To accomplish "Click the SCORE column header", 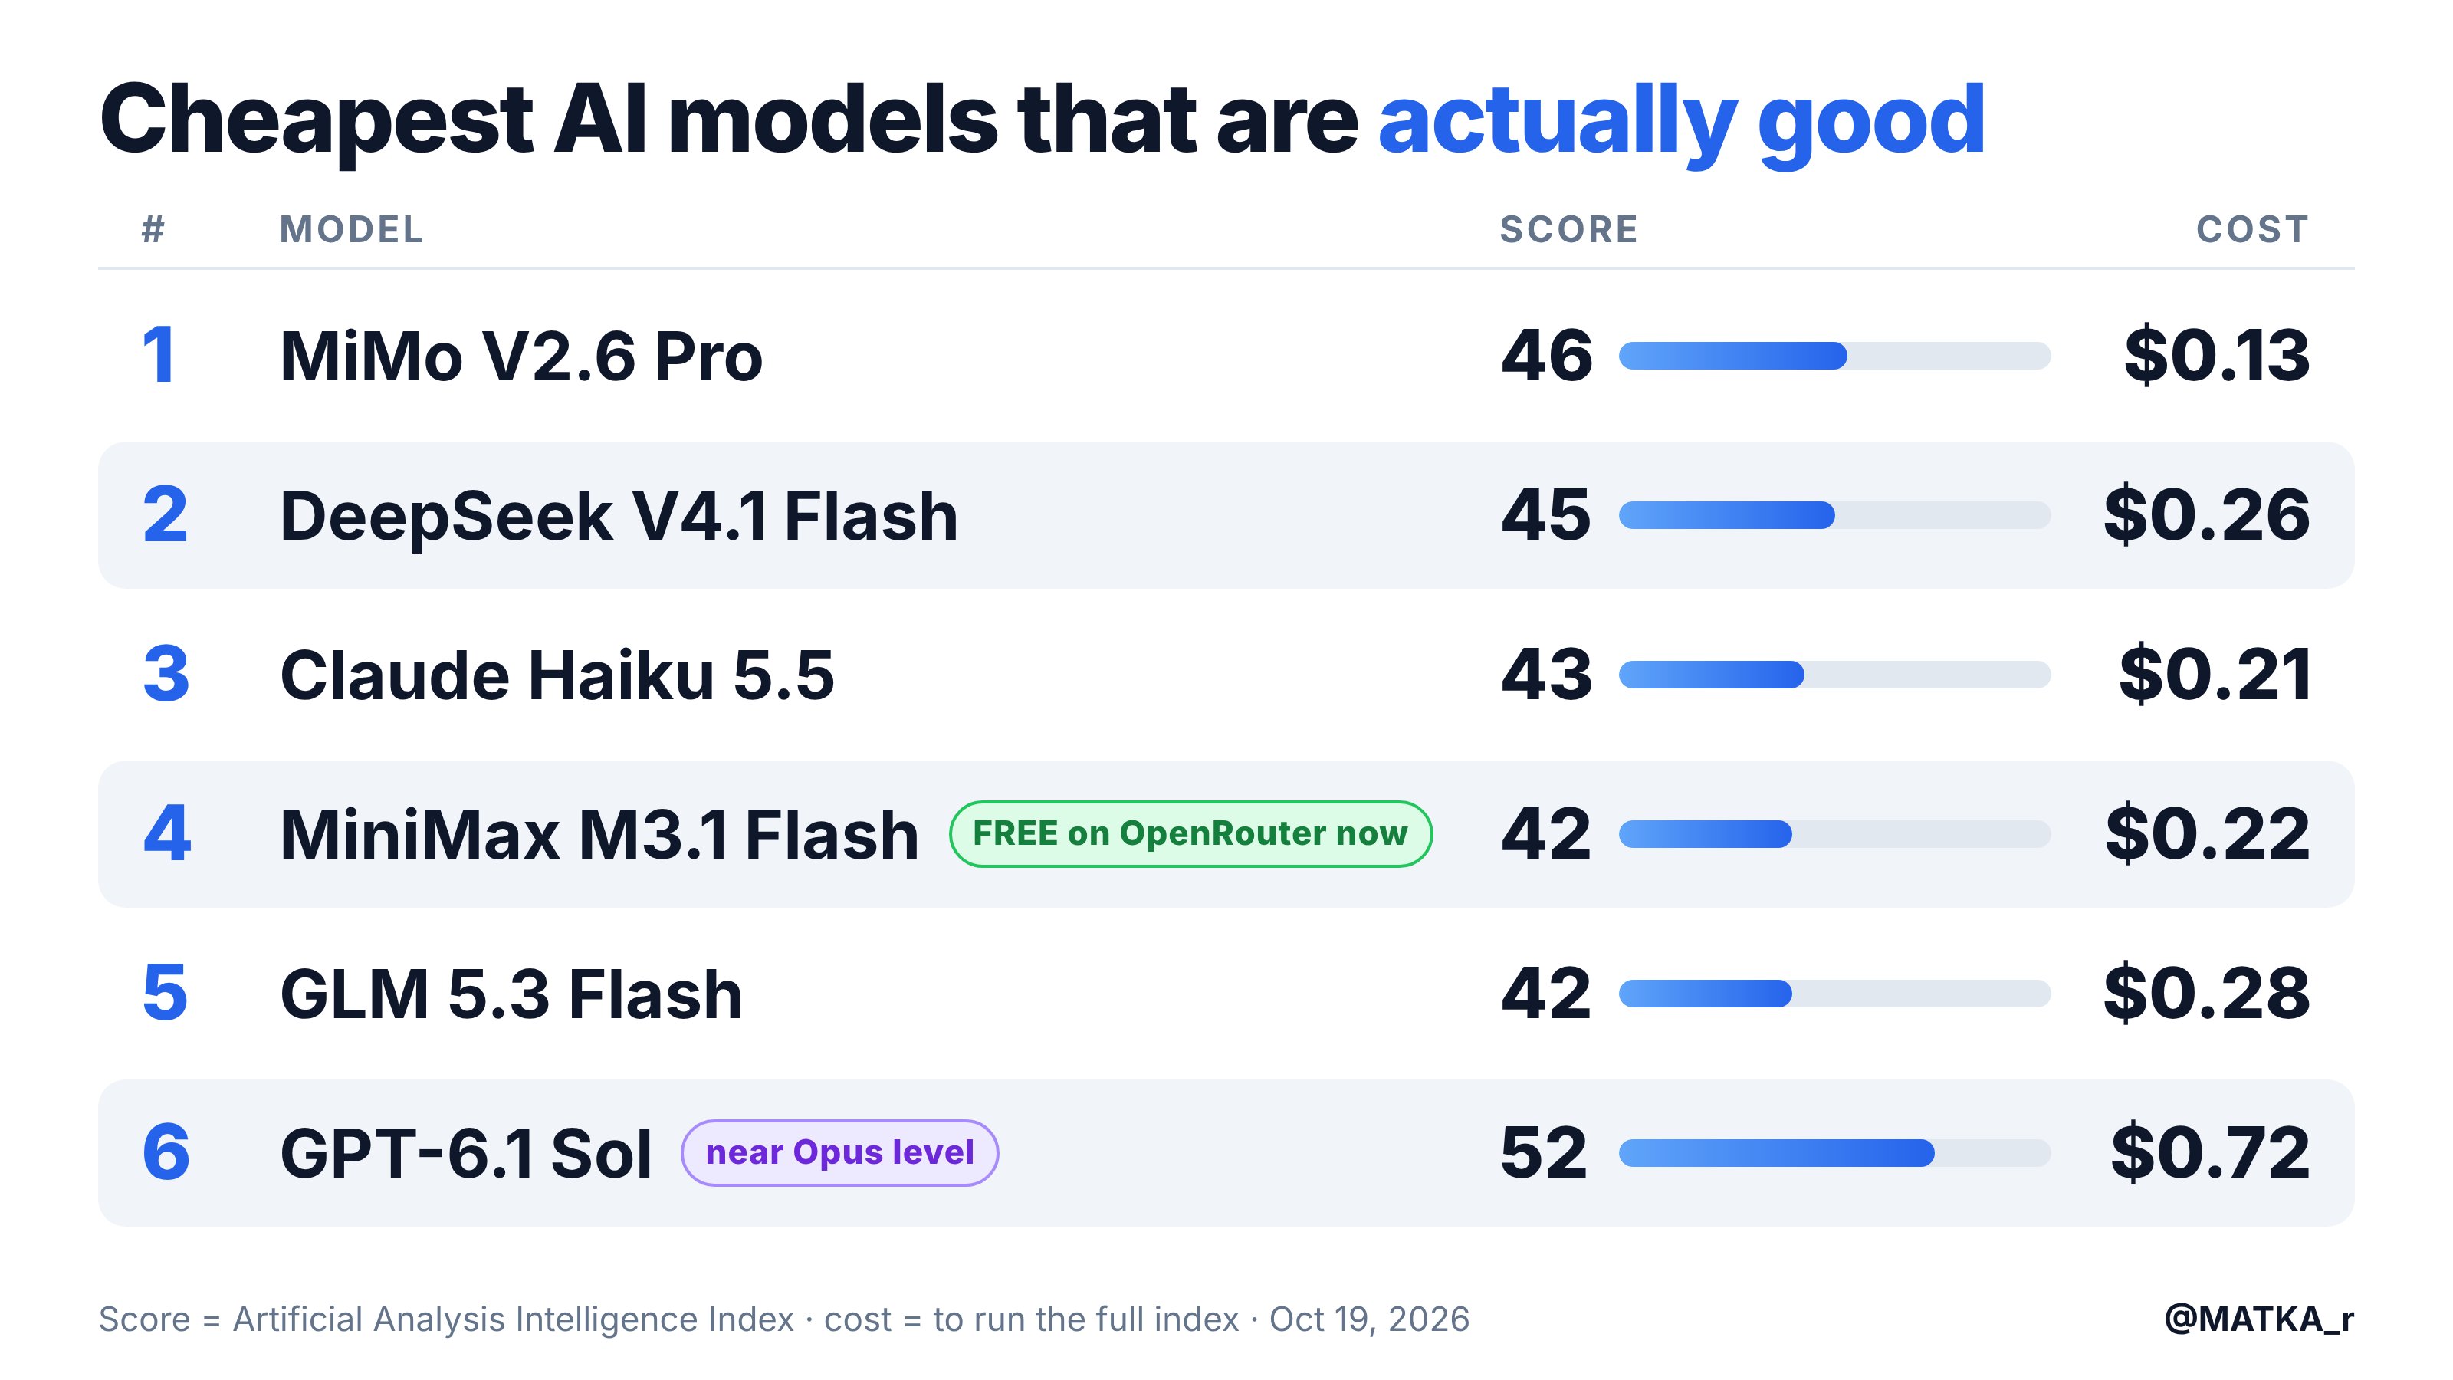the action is coord(1568,229).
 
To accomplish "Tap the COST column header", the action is coord(2252,229).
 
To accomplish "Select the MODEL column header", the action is coord(351,229).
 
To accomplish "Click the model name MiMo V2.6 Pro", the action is coord(521,356).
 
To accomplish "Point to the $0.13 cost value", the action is coord(2217,355).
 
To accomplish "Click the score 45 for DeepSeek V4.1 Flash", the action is coord(1545,515).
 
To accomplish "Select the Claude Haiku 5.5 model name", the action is coord(557,675).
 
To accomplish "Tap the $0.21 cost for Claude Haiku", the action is coord(2215,675).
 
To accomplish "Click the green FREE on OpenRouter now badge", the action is coord(1190,834).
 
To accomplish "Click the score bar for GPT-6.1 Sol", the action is coord(1834,1153).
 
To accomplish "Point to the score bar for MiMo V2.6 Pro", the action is coord(1834,356).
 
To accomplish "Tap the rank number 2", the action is coord(166,515).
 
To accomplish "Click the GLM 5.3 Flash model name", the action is coord(511,994).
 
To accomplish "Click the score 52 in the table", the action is coord(1545,1152).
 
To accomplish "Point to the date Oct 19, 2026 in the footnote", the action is coord(1369,1319).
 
